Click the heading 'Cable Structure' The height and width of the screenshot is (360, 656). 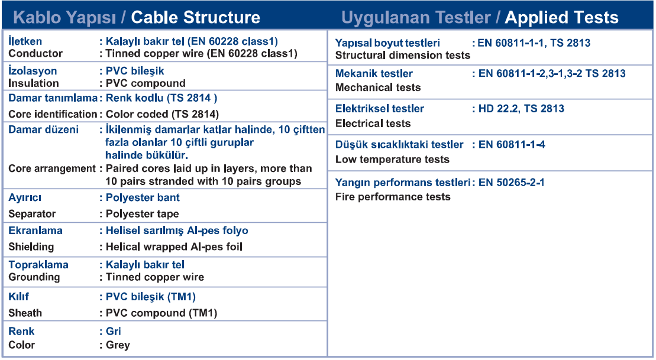point(195,18)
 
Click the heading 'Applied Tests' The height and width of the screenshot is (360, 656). point(561,18)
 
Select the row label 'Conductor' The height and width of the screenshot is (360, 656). point(35,54)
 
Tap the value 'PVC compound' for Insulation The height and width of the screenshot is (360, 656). point(146,83)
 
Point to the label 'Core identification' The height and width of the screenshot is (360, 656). point(53,114)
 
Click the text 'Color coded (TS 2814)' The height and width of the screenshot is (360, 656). point(162,114)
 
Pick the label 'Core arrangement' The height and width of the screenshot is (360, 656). point(52,168)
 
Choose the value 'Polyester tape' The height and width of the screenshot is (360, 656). point(142,213)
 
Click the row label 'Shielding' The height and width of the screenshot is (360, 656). point(31,247)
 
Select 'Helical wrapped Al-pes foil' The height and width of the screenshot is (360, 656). point(174,247)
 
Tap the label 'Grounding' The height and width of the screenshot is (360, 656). point(34,277)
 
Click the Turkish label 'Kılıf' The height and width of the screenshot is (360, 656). point(18,296)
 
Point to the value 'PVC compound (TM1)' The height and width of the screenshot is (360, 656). point(161,313)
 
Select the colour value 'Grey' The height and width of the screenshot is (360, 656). point(118,345)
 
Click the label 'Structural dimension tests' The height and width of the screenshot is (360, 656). point(403,55)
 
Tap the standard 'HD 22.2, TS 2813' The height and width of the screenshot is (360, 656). point(521,109)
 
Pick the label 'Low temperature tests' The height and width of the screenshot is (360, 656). point(392,159)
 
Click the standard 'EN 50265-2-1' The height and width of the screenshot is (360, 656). point(512,183)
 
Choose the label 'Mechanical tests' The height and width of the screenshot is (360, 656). point(378,87)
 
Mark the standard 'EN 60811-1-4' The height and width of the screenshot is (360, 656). point(512,145)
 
